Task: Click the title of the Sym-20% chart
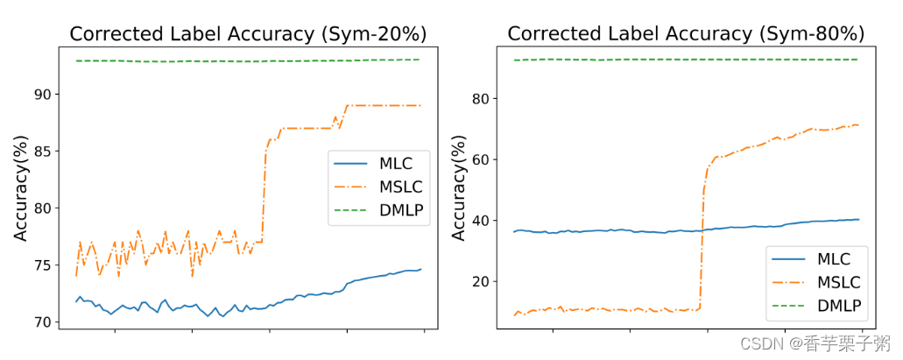(248, 34)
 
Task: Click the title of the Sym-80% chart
(686, 34)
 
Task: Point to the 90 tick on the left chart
(41, 95)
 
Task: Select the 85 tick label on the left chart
(41, 152)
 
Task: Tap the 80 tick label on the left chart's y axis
(41, 208)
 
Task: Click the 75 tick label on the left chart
(41, 265)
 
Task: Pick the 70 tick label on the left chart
(41, 322)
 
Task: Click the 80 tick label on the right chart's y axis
(479, 99)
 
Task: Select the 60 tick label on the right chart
(479, 159)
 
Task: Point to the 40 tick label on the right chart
(479, 221)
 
